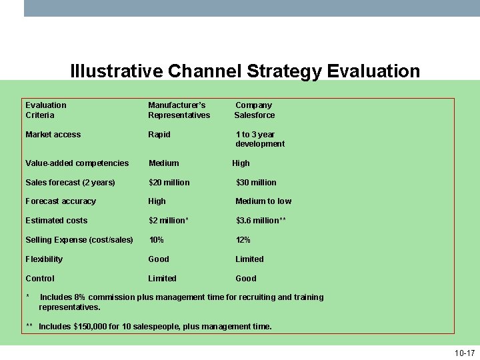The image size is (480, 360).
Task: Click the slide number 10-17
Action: [x=464, y=353]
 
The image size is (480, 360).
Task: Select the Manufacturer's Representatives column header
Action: [x=179, y=110]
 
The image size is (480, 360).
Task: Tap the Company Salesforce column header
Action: [x=254, y=110]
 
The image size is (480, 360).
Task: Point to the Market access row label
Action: [x=53, y=135]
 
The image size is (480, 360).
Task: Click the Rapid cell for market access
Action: [x=159, y=135]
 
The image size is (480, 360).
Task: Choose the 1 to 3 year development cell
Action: [x=259, y=139]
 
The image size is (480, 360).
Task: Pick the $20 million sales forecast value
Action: [x=169, y=183]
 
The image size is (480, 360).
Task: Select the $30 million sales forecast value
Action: [x=256, y=183]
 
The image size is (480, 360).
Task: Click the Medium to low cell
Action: [x=263, y=201]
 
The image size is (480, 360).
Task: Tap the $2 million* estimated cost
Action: [x=169, y=221]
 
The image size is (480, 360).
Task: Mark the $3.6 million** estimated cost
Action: [x=261, y=221]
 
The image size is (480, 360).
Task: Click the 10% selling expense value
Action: [x=156, y=240]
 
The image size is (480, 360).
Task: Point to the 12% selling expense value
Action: [x=243, y=240]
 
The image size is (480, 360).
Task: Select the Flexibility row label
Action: [x=44, y=259]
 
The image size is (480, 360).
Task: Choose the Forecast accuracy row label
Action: [x=61, y=201]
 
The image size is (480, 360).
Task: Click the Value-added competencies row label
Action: [x=77, y=163]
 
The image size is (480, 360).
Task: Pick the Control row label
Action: [x=40, y=279]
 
